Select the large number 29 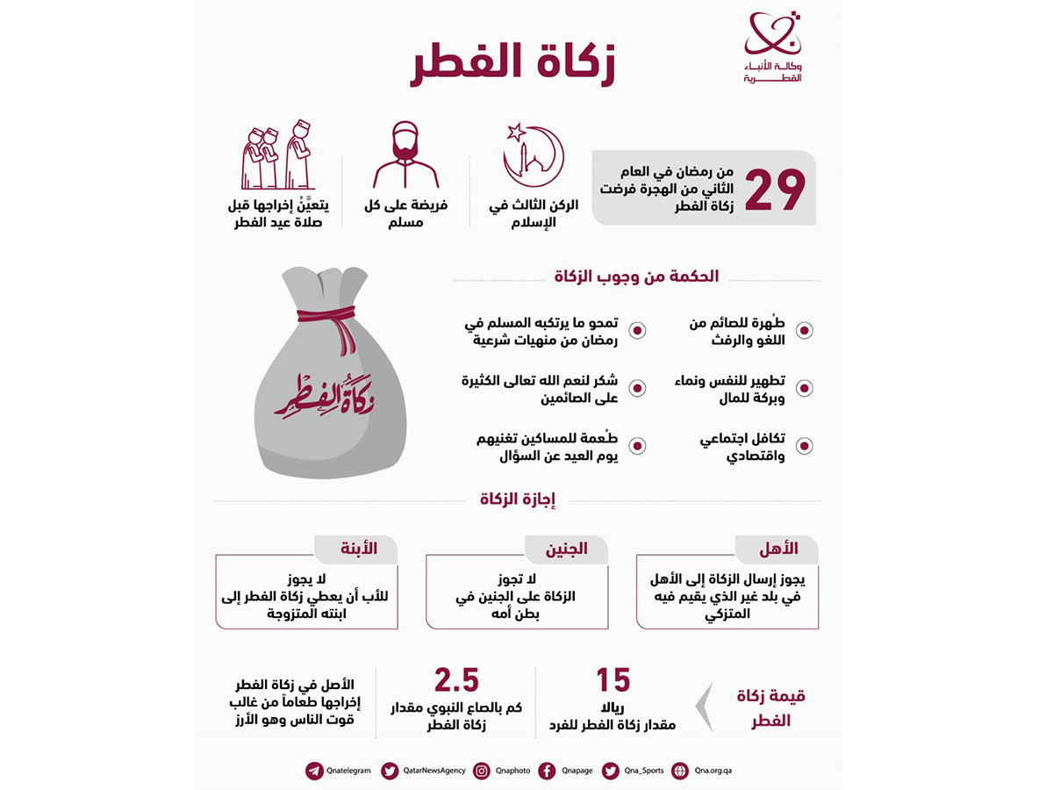tap(776, 189)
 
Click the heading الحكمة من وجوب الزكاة tap(636, 276)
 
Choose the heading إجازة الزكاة tap(518, 499)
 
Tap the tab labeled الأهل tap(778, 549)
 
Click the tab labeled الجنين tap(567, 549)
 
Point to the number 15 tap(613, 681)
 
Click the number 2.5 tap(456, 681)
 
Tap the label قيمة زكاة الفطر tap(771, 707)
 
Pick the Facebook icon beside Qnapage tap(547, 771)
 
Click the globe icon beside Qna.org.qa tap(679, 771)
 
